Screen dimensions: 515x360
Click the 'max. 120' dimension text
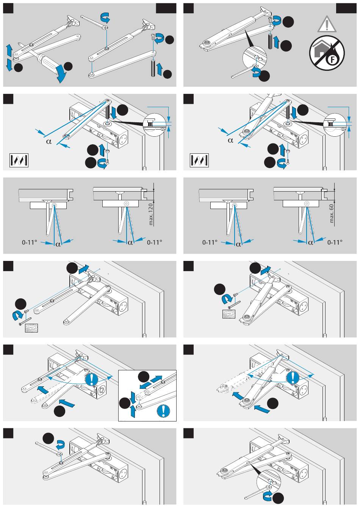[151, 214]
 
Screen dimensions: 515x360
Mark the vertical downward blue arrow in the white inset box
[133, 397]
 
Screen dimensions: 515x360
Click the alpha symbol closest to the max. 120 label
[130, 243]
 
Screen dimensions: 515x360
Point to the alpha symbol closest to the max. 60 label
[310, 243]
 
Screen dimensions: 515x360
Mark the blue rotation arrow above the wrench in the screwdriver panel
[105, 17]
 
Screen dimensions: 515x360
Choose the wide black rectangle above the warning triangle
[346, 8]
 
